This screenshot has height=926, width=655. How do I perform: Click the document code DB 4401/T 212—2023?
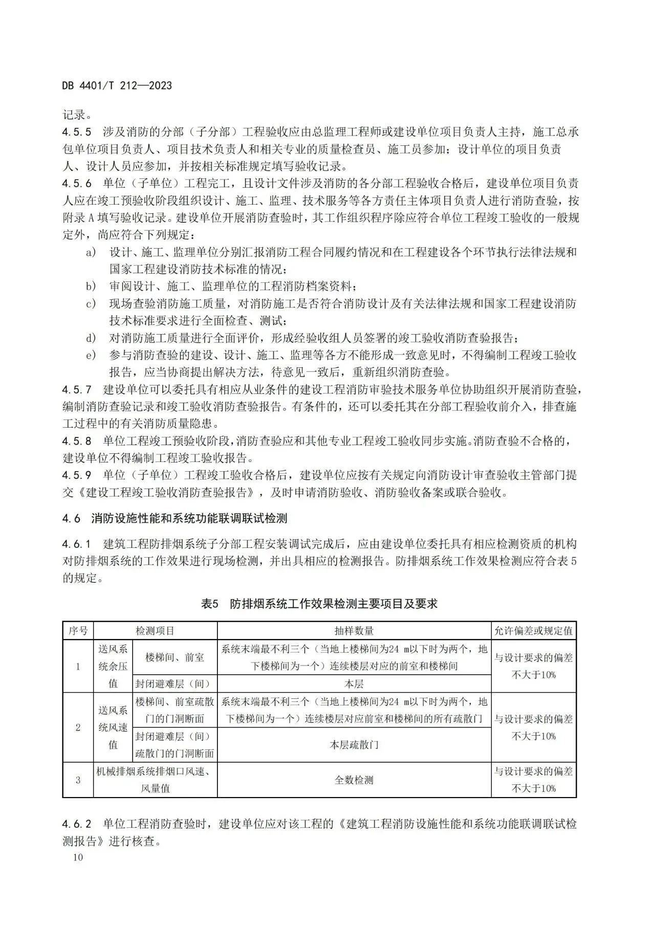pos(117,85)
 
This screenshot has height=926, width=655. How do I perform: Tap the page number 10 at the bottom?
pos(77,857)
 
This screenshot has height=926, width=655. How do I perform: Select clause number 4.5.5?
pos(77,132)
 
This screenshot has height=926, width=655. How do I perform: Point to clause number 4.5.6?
pos(77,183)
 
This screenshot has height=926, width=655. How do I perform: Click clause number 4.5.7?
pos(77,389)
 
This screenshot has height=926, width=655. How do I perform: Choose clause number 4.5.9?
pos(77,475)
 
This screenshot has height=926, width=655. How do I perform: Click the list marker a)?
pos(91,252)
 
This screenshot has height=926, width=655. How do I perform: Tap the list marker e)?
pos(91,355)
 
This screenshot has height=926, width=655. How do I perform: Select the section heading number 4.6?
pos(72,518)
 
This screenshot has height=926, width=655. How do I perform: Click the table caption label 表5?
pos(210,604)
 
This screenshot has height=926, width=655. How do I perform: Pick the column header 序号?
pos(78,631)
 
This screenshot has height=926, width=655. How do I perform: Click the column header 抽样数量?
pos(354,631)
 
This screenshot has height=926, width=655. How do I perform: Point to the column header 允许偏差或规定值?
pos(533,631)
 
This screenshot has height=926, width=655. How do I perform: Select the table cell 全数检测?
pos(354,780)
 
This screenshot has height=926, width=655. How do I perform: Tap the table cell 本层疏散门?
pos(354,744)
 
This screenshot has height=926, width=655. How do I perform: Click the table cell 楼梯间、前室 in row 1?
pos(174,657)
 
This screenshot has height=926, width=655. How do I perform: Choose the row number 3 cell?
pos(78,780)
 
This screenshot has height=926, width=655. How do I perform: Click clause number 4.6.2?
pos(77,824)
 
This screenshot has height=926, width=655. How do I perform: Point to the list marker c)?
pos(91,304)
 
